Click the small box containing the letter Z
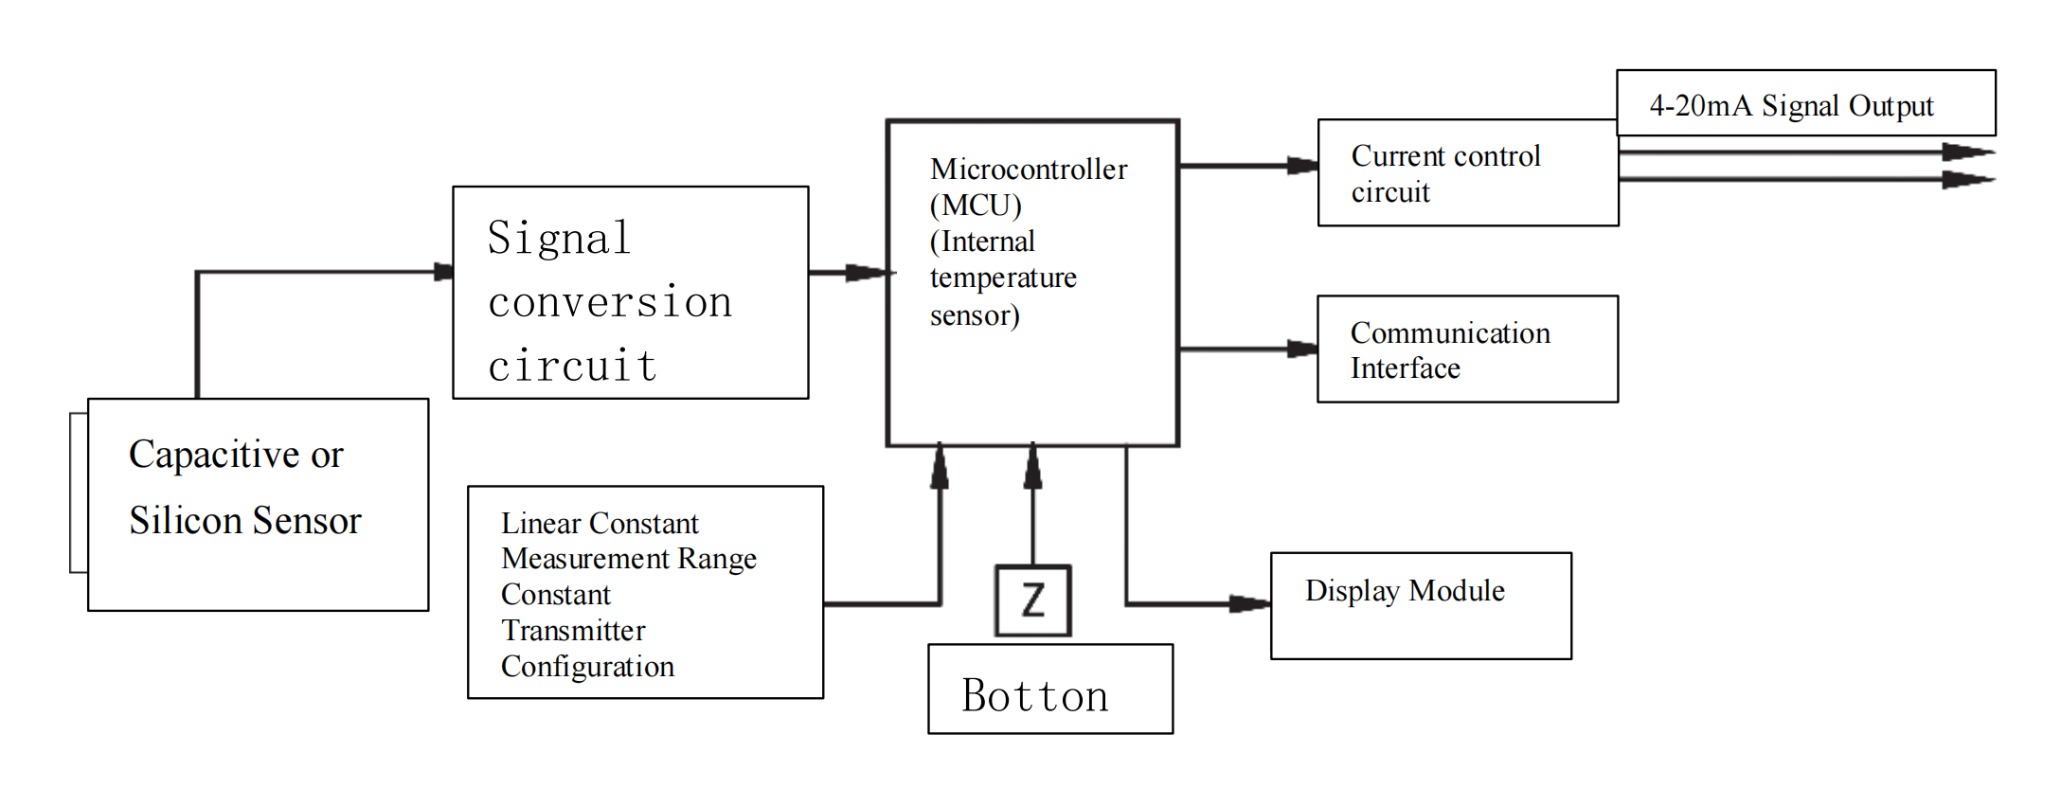coord(1032,600)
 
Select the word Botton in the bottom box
coord(1035,696)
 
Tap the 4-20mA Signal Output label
coord(1791,105)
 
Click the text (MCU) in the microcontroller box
coord(976,206)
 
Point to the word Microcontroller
coord(1029,170)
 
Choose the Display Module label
coord(1405,591)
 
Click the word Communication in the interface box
coord(1450,333)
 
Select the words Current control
coord(1445,156)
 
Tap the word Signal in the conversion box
coord(559,238)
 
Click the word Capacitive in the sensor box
coord(214,455)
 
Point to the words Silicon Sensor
coord(245,521)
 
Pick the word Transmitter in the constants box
coord(573,631)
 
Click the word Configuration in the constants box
coord(587,667)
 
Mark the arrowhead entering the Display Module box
coord(1250,603)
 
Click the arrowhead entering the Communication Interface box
coord(1302,349)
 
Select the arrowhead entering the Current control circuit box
coord(1302,166)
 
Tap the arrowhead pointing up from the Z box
coord(1032,466)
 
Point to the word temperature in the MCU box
coord(1003,278)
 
